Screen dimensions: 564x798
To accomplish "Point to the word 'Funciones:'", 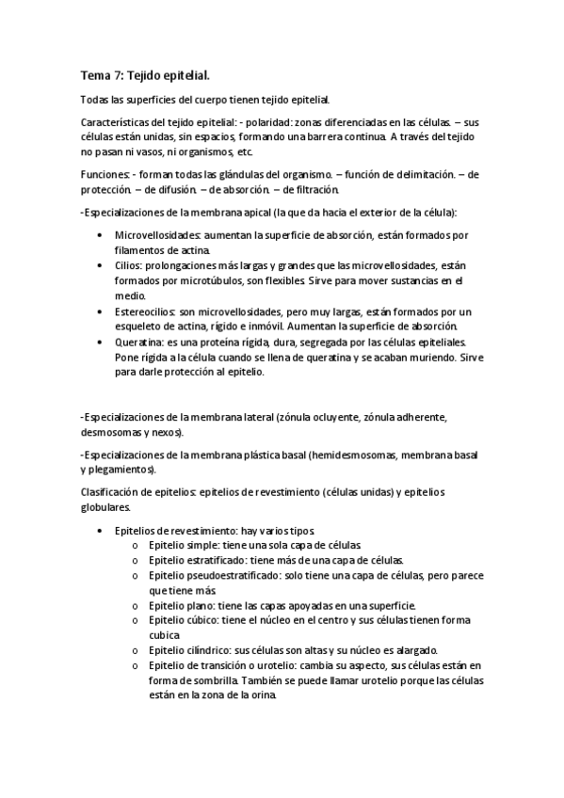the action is (x=105, y=176).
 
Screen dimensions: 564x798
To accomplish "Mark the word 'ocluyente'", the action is (x=352, y=417).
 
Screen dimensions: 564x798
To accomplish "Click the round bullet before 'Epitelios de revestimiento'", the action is (x=99, y=531).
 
